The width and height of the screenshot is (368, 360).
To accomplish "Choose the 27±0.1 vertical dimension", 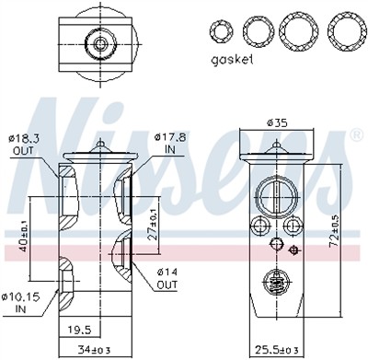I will [x=153, y=221].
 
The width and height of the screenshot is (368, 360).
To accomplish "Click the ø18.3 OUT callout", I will [x=26, y=144].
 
